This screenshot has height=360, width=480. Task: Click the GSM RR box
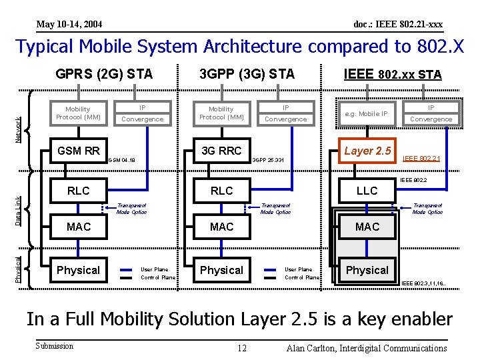tap(78, 151)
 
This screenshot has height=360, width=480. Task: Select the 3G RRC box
tap(221, 151)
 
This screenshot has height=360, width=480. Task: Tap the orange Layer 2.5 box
tap(367, 151)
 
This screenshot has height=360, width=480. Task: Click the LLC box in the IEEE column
tap(367, 191)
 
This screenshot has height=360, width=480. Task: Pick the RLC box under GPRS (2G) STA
tap(78, 191)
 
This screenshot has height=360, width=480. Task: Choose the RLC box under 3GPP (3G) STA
tap(221, 191)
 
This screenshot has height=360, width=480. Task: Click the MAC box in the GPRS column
tap(78, 227)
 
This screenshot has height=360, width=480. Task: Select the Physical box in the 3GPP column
tap(221, 270)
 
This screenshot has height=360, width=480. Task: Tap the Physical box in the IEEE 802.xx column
tap(367, 270)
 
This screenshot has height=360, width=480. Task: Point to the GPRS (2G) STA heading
tap(104, 74)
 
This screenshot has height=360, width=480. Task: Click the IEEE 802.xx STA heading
tap(392, 74)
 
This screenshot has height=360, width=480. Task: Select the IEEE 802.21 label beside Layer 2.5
tap(421, 159)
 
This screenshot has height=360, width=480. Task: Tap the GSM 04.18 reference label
tap(122, 160)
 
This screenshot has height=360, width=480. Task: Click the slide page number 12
tap(243, 348)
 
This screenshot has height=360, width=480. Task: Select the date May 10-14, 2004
tap(69, 25)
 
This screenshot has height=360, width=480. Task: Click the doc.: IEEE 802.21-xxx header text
tap(397, 25)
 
